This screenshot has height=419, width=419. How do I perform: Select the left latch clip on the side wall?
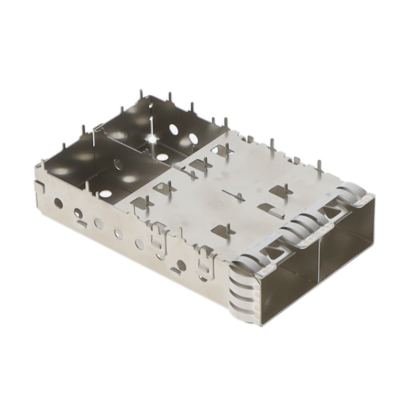click(156, 236)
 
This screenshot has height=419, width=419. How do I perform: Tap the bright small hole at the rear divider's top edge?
click(152, 139)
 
